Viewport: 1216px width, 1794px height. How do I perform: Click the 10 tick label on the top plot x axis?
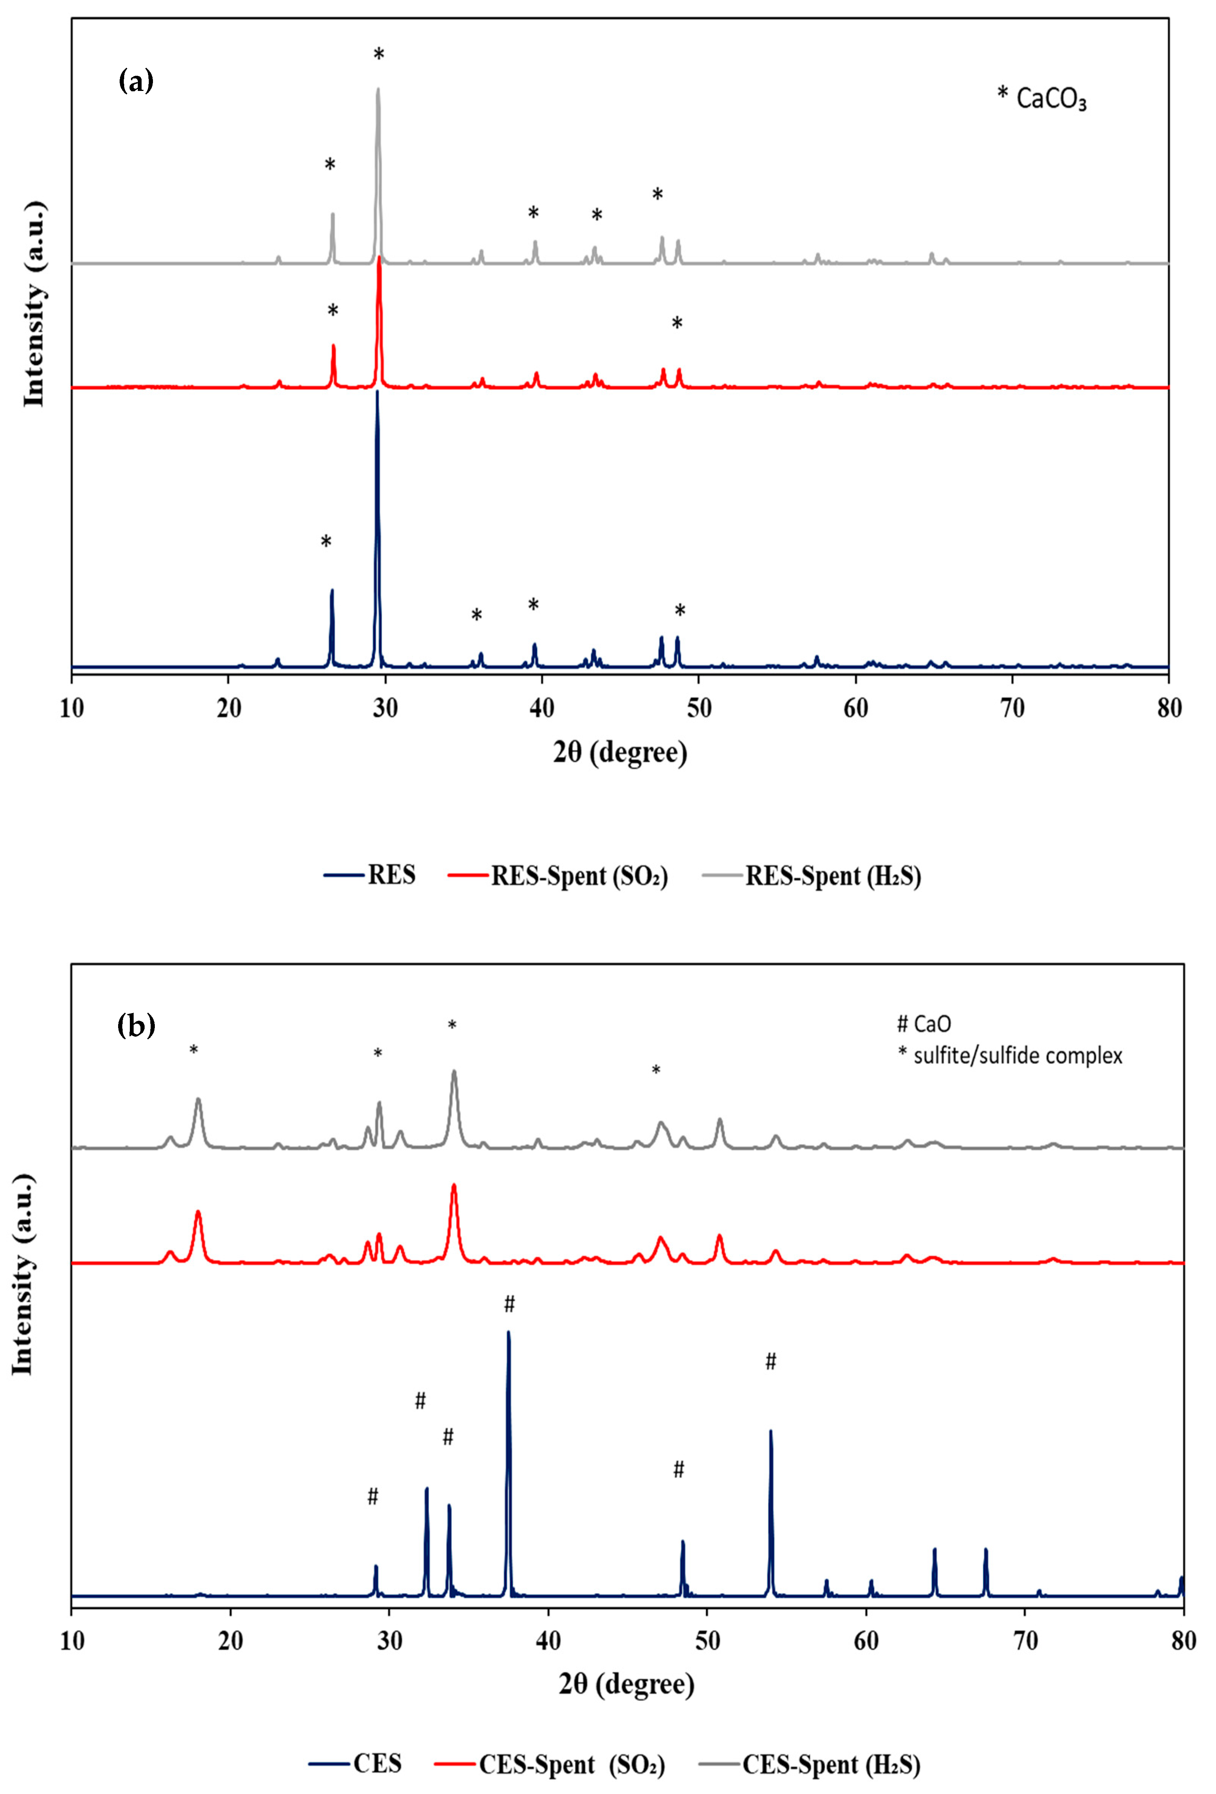pyautogui.click(x=72, y=708)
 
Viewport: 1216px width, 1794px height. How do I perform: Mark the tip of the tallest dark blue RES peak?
pyautogui.click(x=377, y=391)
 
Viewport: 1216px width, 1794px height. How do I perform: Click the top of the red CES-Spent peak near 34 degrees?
pyautogui.click(x=454, y=1185)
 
